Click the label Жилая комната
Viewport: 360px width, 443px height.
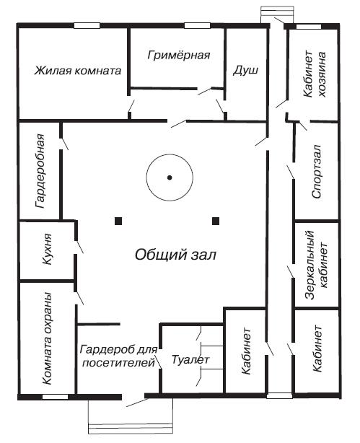pyautogui.click(x=78, y=71)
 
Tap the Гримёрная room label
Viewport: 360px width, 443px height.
pyautogui.click(x=179, y=55)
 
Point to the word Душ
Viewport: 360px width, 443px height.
pyautogui.click(x=245, y=71)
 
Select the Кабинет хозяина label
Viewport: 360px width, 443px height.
pyautogui.click(x=315, y=74)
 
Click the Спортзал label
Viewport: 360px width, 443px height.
pyautogui.click(x=317, y=171)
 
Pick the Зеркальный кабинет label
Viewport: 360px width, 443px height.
pyautogui.click(x=316, y=265)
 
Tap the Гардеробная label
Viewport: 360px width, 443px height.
pyautogui.click(x=40, y=171)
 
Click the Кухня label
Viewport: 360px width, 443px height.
pyautogui.click(x=47, y=249)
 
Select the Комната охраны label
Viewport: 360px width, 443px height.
pyautogui.click(x=47, y=338)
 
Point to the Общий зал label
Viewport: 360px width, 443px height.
pyautogui.click(x=175, y=255)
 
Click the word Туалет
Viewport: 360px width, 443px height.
pyautogui.click(x=190, y=360)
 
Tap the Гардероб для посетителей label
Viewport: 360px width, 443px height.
pyautogui.click(x=118, y=356)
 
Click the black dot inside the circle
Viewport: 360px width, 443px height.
pyautogui.click(x=170, y=177)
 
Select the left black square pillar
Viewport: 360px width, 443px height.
pyautogui.click(x=118, y=221)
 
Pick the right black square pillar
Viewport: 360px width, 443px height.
pyautogui.click(x=216, y=221)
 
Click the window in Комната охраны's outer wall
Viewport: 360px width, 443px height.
pyautogui.click(x=55, y=397)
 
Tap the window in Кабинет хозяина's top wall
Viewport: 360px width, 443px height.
pyautogui.click(x=309, y=27)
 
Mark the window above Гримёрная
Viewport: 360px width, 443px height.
pyautogui.click(x=197, y=26)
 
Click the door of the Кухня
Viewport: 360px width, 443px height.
pyautogui.click(x=79, y=247)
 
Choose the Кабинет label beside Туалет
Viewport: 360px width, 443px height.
pyautogui.click(x=246, y=351)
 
